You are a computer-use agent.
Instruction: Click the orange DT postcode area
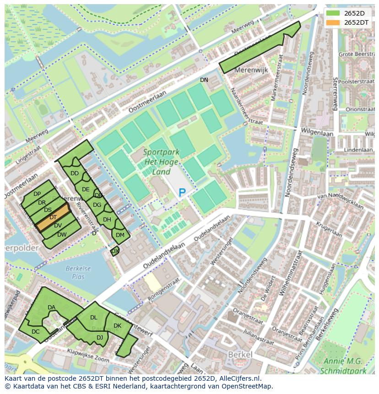pos(53,218)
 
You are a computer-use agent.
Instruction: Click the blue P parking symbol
pos(182,193)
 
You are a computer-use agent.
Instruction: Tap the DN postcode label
pos(204,80)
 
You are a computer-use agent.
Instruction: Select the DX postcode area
pos(115,251)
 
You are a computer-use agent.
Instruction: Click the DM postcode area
pos(120,235)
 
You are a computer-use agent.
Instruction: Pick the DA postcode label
pos(51,308)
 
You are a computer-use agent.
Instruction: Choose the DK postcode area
pos(118,326)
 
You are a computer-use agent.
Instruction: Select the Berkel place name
pos(240,355)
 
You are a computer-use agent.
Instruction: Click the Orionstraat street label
pos(360,110)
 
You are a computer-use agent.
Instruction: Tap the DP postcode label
pos(37,194)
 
